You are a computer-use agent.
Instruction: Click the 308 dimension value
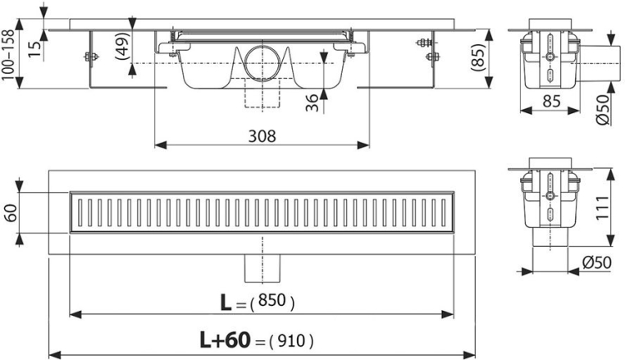262,136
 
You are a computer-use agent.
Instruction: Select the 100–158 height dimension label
8,55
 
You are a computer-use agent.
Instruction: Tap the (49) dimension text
123,46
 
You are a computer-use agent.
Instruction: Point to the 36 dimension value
312,103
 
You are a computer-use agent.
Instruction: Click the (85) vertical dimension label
477,57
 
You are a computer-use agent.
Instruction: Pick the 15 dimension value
35,48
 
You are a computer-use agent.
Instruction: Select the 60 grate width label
11,213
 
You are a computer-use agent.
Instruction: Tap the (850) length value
272,301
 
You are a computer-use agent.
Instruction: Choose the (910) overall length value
291,341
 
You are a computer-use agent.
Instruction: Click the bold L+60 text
226,340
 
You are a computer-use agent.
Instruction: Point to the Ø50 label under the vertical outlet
596,262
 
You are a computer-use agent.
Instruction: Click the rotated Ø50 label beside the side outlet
604,109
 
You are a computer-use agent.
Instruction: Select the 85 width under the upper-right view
551,101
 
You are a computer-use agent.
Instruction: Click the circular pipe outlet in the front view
262,63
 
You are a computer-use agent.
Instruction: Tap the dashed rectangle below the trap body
262,93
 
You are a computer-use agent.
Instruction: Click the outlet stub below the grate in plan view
262,268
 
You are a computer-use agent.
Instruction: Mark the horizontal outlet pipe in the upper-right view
600,63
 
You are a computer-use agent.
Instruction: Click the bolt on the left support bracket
91,57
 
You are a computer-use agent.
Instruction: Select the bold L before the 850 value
226,303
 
